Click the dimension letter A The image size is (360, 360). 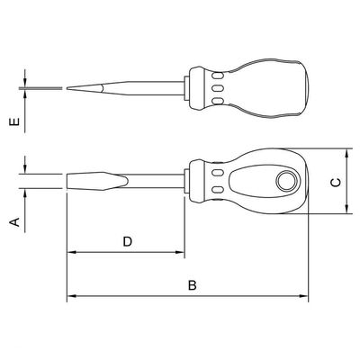[x=15, y=222]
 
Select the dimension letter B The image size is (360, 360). [x=193, y=285]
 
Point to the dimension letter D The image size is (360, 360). [x=128, y=241]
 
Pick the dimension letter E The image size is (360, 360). [x=14, y=121]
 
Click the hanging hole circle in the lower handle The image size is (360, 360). [x=287, y=182]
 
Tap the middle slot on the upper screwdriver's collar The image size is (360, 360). [x=218, y=88]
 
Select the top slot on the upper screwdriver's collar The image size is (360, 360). [x=218, y=76]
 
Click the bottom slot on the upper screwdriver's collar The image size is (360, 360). [x=218, y=101]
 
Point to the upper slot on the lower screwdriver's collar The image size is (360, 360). [x=218, y=173]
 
